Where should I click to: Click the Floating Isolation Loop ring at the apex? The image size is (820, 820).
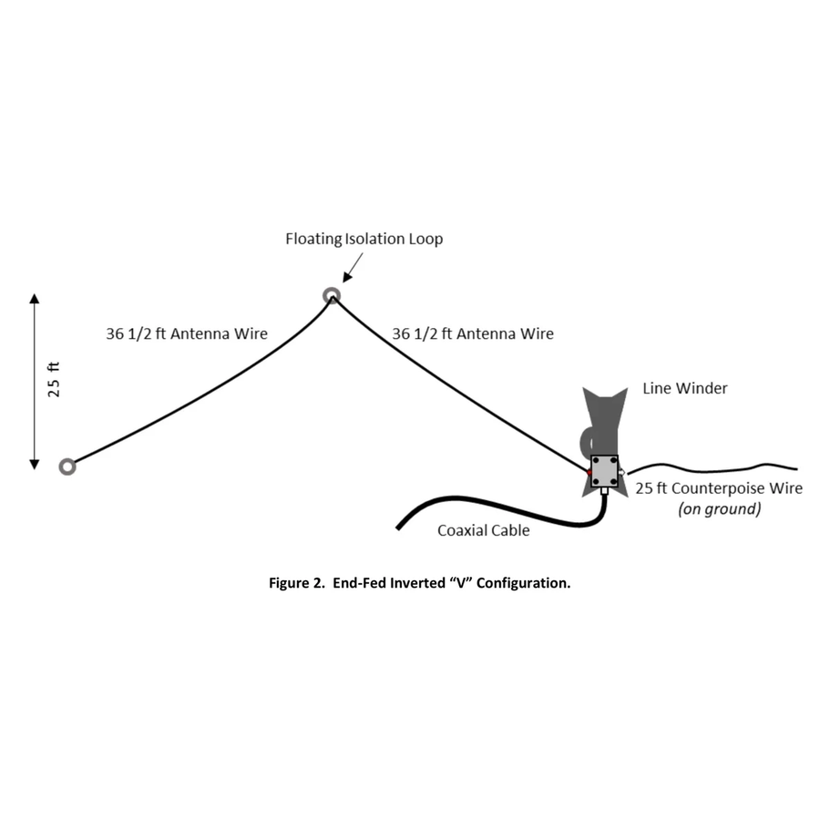332,295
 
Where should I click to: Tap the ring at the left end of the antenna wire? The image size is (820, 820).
67,466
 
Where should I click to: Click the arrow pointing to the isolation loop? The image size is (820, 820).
354,267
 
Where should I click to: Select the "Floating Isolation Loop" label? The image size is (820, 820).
364,240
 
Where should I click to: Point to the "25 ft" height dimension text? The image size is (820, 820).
55,379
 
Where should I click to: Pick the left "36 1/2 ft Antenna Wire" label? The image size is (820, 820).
187,334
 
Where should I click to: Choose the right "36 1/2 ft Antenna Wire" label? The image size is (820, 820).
472,334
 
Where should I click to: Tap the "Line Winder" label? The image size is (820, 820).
684,389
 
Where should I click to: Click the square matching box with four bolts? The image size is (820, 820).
604,471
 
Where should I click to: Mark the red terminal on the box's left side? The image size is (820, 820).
589,472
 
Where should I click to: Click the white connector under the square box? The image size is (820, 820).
604,492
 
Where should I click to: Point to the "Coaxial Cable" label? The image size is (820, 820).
483,530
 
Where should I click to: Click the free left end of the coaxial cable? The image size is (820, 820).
399,528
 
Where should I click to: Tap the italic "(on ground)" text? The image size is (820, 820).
719,509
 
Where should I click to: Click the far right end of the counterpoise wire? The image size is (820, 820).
796,468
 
